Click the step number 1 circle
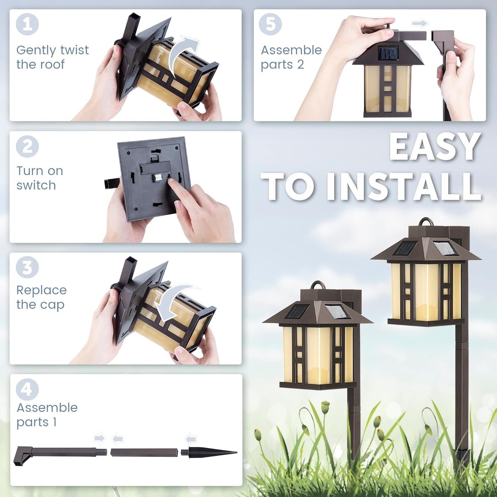coord(27,24)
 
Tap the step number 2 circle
coord(27,146)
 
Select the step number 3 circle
coord(27,267)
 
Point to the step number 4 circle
coord(27,389)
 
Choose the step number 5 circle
coord(270,24)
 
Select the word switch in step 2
coord(36,185)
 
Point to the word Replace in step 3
coord(41,290)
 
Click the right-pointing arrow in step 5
coord(420,24)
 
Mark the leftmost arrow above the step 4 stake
coord(99,438)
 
